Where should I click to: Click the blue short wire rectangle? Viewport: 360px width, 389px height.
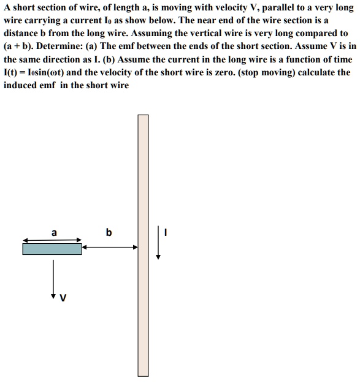(52, 249)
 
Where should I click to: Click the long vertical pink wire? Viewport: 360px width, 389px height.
(143, 245)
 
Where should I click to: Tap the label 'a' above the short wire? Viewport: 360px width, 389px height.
(54, 233)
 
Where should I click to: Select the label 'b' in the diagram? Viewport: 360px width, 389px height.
(109, 233)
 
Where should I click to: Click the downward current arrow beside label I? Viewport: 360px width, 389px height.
(158, 243)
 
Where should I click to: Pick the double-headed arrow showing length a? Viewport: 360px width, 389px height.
(52, 240)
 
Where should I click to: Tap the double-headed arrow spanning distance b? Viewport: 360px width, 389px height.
(110, 246)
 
